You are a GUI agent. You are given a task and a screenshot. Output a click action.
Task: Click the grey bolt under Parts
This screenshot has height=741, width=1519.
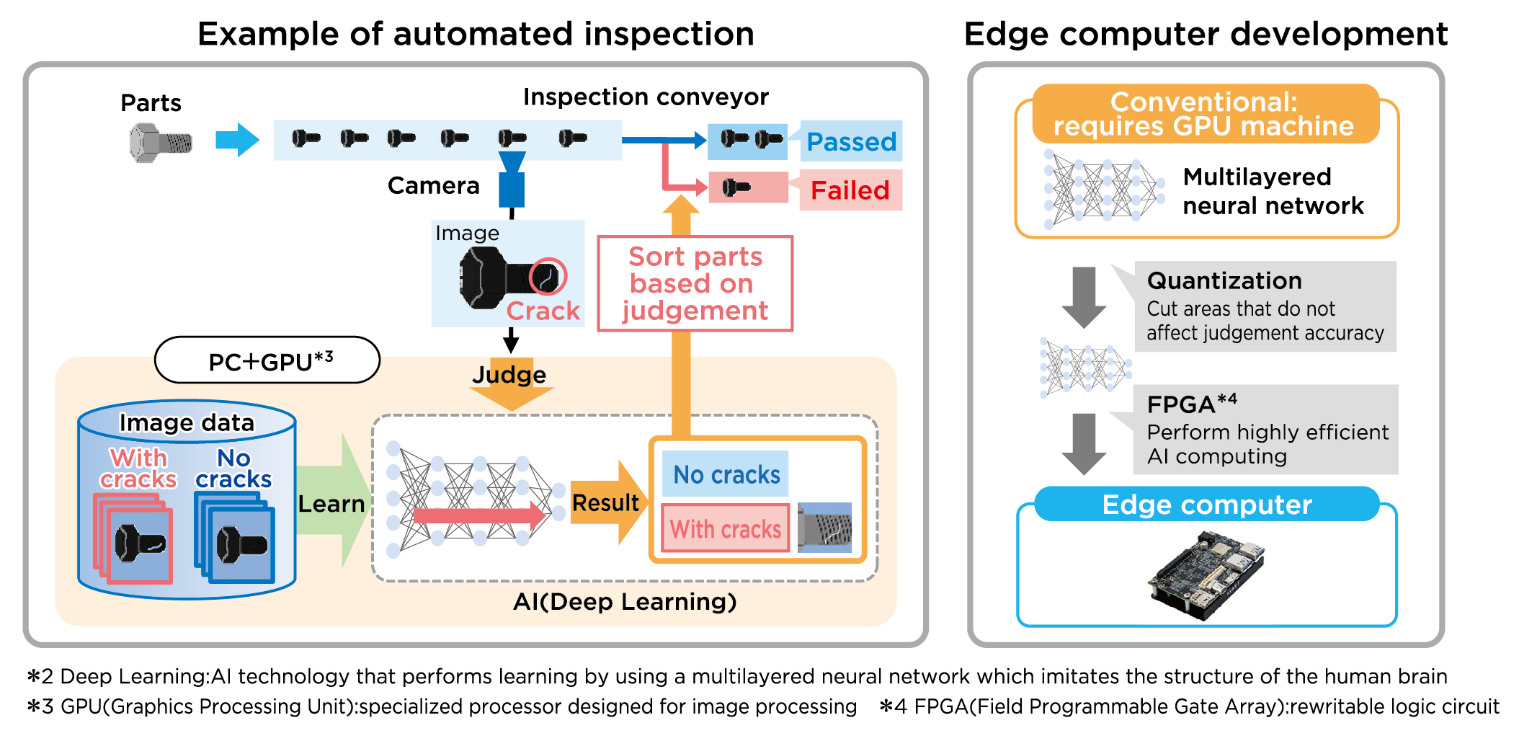point(161,143)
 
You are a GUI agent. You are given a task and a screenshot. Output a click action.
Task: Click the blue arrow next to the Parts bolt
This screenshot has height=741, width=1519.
point(237,140)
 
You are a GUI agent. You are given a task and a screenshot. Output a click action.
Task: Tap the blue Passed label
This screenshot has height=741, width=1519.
point(851,141)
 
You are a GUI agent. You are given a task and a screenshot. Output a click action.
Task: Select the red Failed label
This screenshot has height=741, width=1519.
point(851,190)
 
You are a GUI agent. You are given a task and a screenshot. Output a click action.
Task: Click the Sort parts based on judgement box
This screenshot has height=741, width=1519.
point(695,283)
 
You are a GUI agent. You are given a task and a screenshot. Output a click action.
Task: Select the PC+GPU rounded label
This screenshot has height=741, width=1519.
point(267,360)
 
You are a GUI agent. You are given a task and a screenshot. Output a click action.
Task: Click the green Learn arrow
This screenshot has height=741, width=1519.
point(334,501)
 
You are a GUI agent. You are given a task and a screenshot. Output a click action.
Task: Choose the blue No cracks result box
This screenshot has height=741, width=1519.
point(726,474)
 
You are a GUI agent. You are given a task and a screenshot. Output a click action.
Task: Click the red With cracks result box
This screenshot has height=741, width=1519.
point(726,528)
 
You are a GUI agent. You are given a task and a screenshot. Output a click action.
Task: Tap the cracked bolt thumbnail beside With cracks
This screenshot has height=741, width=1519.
point(825,528)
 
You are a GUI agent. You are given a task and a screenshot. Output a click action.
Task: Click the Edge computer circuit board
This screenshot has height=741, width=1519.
point(1206,575)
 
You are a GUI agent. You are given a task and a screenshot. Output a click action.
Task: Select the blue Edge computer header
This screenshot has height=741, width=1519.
point(1207,504)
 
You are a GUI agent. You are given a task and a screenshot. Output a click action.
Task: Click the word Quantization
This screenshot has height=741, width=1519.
point(1224,280)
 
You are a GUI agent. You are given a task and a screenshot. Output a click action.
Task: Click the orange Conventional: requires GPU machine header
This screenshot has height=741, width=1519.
point(1206,114)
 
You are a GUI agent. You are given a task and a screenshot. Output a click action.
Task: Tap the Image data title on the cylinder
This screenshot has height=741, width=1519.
point(187,422)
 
